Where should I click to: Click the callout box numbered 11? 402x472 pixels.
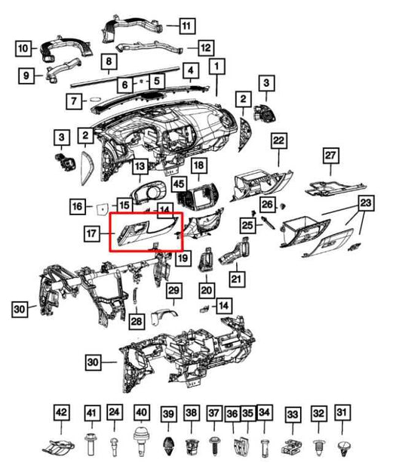(188, 26)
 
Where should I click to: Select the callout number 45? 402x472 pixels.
(179, 184)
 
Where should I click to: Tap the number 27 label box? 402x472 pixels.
(330, 156)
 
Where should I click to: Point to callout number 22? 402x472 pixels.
(279, 140)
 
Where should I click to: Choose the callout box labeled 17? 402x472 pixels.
(92, 233)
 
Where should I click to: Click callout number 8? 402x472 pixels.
(109, 61)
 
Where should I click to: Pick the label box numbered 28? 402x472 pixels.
(137, 321)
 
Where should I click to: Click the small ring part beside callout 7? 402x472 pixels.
(96, 100)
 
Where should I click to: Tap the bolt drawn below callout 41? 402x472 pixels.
(90, 444)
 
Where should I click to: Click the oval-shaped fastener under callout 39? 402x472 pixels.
(167, 446)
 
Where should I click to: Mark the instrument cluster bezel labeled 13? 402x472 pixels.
(148, 193)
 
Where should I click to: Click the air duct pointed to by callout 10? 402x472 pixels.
(66, 49)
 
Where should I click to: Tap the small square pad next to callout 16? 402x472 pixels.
(103, 209)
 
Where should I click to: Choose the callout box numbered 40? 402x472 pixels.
(141, 412)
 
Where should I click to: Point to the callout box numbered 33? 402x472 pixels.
(293, 415)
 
